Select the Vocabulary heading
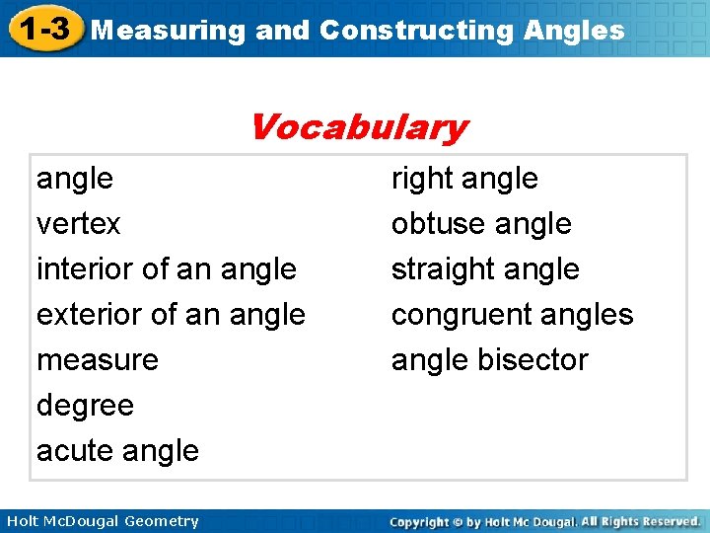358,127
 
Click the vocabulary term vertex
78,224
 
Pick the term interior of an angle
166,269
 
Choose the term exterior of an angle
171,315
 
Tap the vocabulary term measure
97,360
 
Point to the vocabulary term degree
85,406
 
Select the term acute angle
117,451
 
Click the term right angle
464,179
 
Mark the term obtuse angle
481,224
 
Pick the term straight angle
485,269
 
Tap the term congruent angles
512,315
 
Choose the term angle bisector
489,360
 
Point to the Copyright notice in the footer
544,521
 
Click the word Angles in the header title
575,31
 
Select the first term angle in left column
75,180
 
